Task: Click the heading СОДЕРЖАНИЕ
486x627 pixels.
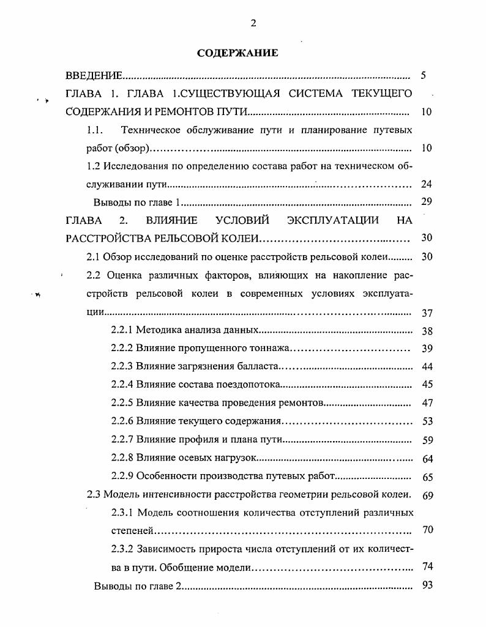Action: (237, 53)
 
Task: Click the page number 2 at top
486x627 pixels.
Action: (253, 23)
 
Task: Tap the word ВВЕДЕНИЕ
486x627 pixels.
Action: (94, 77)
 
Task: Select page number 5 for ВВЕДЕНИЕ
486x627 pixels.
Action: (424, 77)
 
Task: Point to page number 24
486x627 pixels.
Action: (427, 184)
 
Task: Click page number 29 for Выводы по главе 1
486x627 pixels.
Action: (427, 202)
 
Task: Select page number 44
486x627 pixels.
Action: (427, 367)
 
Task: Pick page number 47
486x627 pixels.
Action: (427, 403)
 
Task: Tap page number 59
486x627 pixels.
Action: (427, 440)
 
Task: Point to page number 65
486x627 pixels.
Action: (427, 477)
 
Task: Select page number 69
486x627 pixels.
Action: (427, 495)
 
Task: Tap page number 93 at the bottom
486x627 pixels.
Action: (427, 585)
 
